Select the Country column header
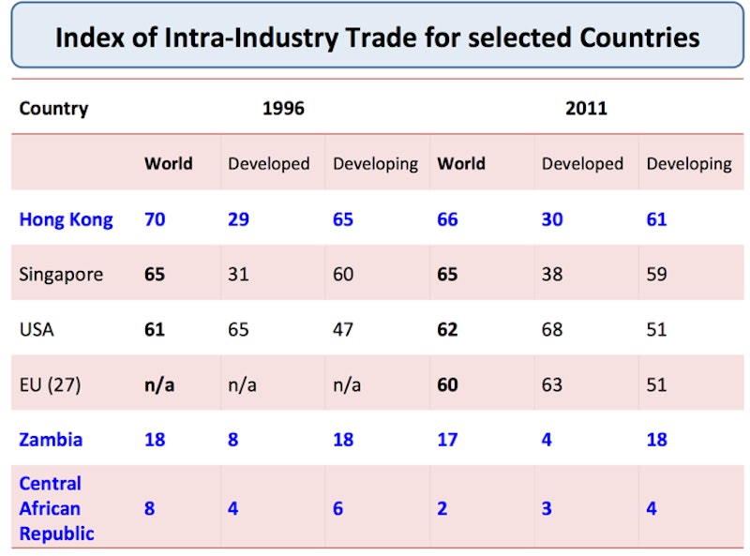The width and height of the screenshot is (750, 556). tap(53, 108)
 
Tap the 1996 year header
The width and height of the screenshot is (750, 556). tap(283, 108)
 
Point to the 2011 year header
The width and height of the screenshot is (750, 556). tap(586, 108)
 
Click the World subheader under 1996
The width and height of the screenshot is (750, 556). tap(168, 163)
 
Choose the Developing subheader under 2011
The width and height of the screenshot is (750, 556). tap(689, 163)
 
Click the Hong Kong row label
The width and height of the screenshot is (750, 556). tap(66, 219)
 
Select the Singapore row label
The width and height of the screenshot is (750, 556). tap(61, 275)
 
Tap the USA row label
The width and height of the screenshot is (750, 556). tap(37, 329)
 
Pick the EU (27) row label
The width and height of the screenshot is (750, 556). tap(50, 384)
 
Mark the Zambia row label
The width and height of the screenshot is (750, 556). tap(51, 439)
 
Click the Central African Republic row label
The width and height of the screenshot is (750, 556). tap(56, 508)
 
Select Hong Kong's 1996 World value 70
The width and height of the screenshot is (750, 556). tap(155, 219)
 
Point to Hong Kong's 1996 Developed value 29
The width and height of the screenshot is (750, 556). tap(239, 219)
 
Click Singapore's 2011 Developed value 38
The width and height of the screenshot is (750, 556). tap(552, 275)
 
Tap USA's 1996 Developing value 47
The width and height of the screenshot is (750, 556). tap(343, 329)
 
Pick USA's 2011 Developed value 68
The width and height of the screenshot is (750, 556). tap(552, 329)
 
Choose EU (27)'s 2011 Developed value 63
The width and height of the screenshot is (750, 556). tap(552, 384)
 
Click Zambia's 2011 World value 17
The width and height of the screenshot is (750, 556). tap(447, 439)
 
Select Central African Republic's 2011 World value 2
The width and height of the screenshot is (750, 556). tap(442, 508)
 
